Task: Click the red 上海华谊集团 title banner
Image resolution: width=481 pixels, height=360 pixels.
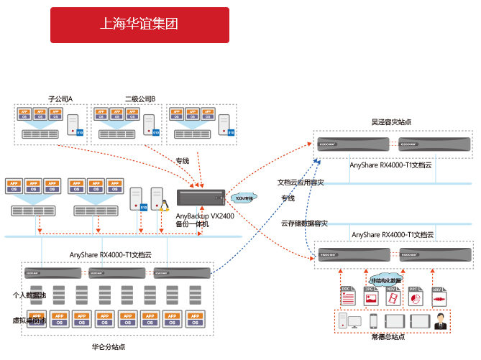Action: [139, 24]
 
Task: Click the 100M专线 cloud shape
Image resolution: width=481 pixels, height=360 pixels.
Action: [246, 197]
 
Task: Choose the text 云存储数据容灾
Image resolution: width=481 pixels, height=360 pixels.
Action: [304, 223]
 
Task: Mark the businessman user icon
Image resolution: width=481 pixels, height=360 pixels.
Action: [439, 321]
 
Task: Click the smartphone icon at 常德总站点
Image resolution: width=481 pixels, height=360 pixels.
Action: [374, 321]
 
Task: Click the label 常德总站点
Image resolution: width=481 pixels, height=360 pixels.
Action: [388, 336]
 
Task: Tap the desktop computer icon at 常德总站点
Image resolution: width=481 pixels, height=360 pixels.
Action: [348, 321]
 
